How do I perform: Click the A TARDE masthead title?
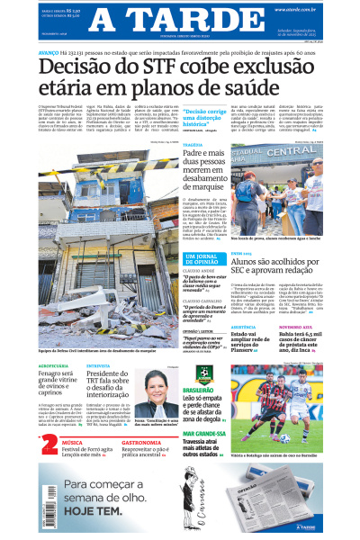point(180,19)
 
